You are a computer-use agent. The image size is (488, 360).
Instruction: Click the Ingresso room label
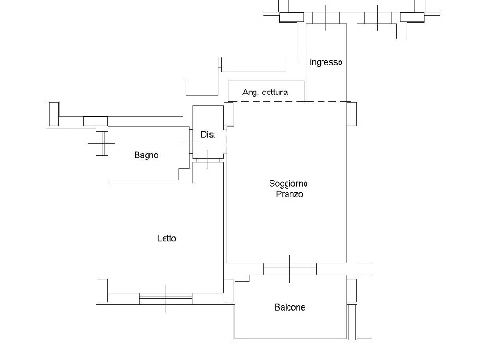coord(326,62)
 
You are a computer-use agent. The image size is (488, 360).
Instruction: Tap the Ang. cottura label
coord(265,93)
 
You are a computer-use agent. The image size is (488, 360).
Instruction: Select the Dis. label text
coord(208,135)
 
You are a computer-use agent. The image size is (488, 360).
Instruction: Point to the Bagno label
coord(147,155)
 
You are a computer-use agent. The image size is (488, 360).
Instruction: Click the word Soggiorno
coord(288,184)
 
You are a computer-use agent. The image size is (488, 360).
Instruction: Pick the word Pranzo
coord(289,194)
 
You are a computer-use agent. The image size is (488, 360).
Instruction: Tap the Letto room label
coord(166,238)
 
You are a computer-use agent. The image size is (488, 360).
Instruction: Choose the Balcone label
coord(289,307)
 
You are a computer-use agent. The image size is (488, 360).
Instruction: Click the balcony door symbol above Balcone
coord(289,268)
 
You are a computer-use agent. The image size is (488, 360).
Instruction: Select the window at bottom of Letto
coord(166,298)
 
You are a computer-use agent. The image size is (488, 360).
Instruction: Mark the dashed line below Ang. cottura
coord(289,102)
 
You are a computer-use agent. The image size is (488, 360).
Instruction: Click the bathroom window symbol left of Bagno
coord(102,144)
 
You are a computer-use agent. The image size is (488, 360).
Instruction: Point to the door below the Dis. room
coord(208,161)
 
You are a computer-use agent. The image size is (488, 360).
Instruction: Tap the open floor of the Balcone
coord(290,324)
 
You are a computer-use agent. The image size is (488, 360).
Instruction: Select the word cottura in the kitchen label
coord(274,93)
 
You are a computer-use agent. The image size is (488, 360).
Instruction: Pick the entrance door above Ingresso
coord(326,18)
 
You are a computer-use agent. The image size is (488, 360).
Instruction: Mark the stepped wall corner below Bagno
coord(179,169)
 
